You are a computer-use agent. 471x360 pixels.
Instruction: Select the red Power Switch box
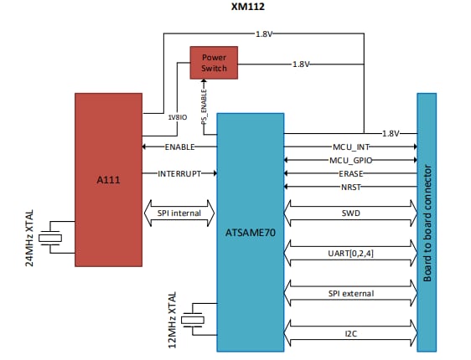coord(214,62)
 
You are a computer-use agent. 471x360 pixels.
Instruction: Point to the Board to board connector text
coord(427,222)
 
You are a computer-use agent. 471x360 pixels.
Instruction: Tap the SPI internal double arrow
coord(179,213)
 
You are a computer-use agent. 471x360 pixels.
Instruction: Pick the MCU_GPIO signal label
coord(349,159)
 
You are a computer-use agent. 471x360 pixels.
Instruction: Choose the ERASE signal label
coord(349,172)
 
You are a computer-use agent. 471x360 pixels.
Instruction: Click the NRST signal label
coord(349,186)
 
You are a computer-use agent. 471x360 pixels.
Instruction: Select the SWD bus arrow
coord(350,213)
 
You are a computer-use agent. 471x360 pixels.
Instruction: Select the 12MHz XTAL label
coord(173,321)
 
